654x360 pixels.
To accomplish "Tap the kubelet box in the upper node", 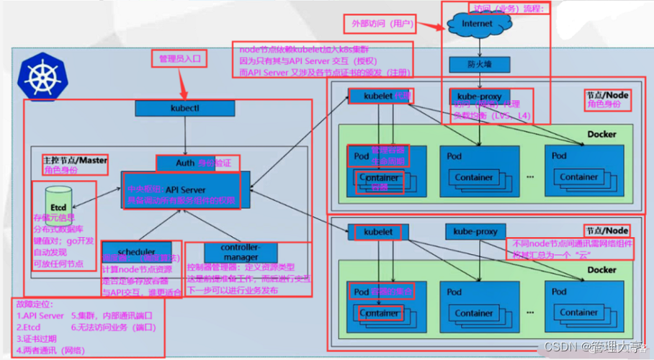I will point(379,96).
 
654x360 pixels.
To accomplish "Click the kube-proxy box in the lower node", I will point(475,232).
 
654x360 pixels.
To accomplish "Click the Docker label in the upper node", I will point(601,134).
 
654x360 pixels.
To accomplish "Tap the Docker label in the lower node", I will point(601,270).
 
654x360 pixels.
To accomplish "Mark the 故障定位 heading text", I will point(35,305).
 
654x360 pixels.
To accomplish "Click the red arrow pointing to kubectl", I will point(183,85).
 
